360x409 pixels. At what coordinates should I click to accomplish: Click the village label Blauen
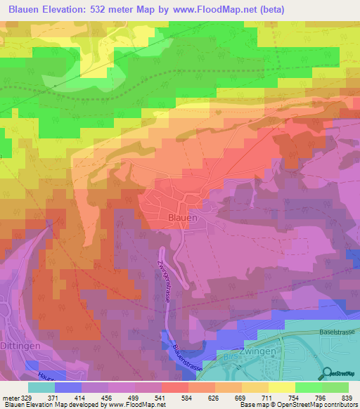[181, 219]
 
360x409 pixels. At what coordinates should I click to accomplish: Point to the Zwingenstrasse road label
[166, 276]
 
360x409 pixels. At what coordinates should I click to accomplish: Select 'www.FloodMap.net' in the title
[228, 8]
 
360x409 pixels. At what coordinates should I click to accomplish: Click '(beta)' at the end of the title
[296, 8]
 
